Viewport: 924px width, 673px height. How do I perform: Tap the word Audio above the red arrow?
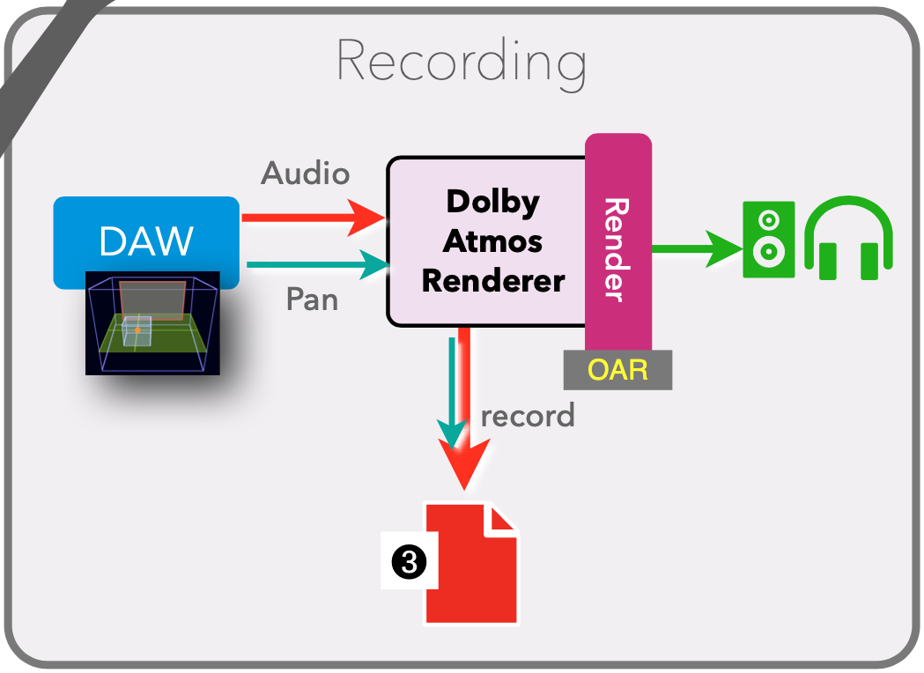click(305, 174)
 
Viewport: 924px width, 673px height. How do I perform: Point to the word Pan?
click(312, 300)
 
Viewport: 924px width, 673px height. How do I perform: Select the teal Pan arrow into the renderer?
click(317, 264)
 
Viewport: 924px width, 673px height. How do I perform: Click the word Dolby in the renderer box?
click(492, 202)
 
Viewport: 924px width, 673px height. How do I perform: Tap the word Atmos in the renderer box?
click(492, 240)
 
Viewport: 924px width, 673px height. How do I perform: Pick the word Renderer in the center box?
click(492, 281)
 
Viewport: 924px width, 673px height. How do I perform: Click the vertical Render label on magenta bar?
click(617, 249)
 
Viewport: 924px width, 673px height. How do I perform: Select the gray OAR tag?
click(617, 369)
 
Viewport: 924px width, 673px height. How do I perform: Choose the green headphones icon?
click(848, 238)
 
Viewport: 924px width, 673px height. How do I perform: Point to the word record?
click(528, 415)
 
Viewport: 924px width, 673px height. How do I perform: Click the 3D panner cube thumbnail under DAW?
click(152, 324)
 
